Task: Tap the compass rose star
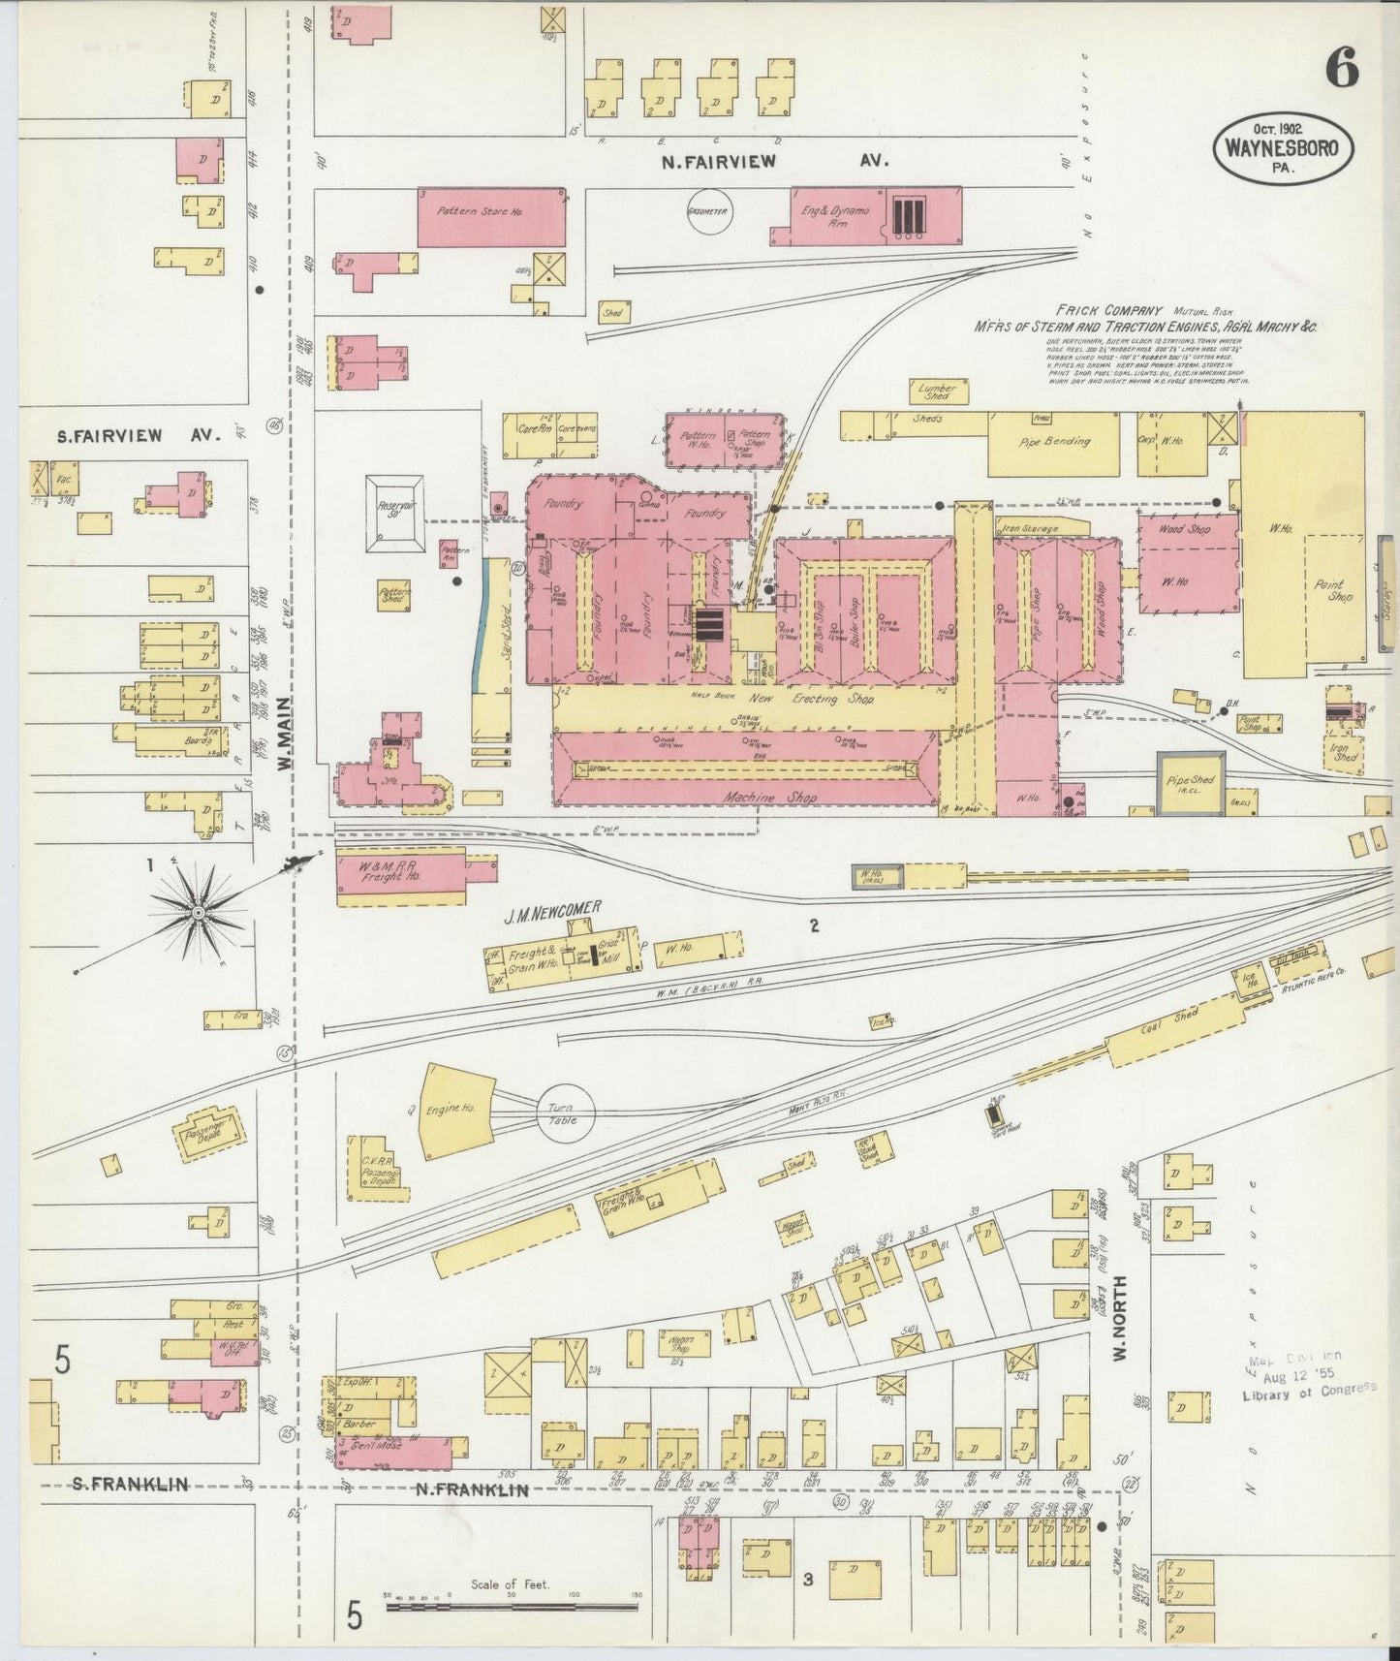click(198, 911)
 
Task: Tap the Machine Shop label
click(770, 797)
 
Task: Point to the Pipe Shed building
click(1191, 781)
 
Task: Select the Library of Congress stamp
click(1309, 1376)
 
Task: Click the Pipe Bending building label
click(1054, 441)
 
